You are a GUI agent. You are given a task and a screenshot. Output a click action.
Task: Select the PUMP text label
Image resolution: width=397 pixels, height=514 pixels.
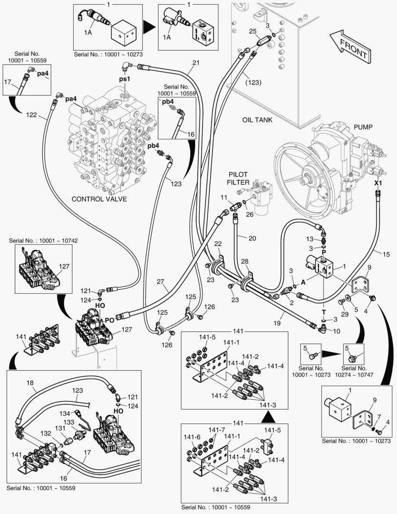click(x=363, y=127)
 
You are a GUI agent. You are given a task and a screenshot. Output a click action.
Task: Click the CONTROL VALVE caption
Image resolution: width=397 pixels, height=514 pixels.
click(x=99, y=199)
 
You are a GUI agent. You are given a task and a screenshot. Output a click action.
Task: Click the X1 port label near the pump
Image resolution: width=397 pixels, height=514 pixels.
click(x=378, y=183)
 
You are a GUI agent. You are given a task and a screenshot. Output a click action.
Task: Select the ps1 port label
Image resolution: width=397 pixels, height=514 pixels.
click(x=124, y=79)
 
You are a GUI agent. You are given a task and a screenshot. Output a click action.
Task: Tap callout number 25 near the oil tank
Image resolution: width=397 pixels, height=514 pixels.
click(x=253, y=31)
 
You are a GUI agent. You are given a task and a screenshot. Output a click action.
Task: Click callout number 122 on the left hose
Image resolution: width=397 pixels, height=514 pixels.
click(x=32, y=115)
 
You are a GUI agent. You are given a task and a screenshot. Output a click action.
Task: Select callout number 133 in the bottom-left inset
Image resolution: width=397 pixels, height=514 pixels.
click(x=69, y=422)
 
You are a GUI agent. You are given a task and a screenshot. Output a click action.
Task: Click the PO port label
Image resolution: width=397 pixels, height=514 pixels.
click(x=109, y=320)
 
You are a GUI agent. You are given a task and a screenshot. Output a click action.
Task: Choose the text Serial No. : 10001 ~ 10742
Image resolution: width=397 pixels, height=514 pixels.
click(x=43, y=241)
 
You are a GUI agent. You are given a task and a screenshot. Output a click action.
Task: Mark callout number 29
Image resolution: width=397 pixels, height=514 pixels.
click(x=344, y=315)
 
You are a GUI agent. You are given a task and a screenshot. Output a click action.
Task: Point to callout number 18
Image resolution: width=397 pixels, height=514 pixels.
click(x=30, y=383)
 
